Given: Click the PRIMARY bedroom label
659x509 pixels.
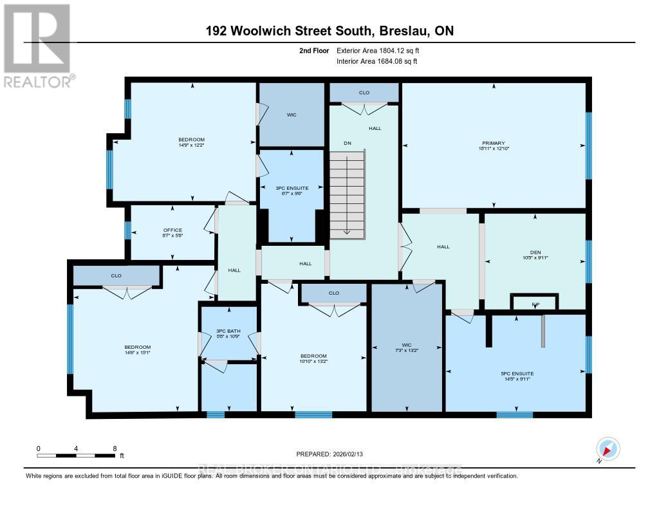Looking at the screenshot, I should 494,143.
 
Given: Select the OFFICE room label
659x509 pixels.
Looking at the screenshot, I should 172,230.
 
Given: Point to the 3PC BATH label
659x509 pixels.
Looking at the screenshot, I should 228,331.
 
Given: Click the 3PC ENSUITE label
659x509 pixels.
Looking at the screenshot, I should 293,188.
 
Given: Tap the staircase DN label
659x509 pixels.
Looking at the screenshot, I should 348,143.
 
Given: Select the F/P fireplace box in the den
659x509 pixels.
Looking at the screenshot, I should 534,302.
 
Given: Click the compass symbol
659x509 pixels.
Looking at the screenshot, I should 608,449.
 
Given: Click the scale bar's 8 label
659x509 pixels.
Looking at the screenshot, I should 115,448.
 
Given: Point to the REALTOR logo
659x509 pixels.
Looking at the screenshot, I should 37,45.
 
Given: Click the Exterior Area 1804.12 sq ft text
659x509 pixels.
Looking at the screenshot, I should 378,50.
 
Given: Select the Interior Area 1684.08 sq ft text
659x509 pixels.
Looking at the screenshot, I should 377,61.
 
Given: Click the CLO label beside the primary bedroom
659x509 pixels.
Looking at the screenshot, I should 364,93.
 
